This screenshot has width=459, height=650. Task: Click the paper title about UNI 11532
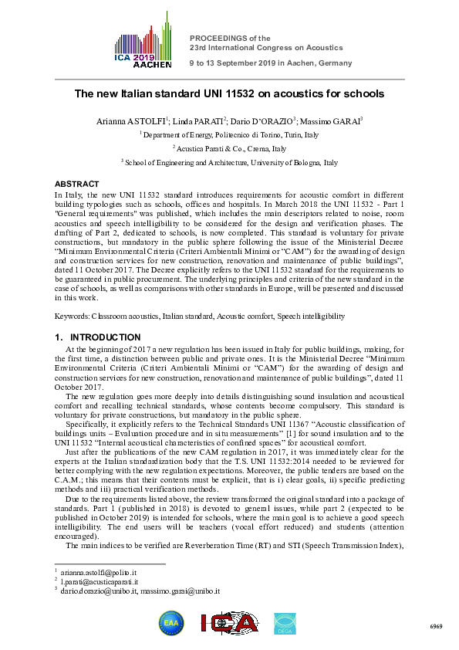[229, 94]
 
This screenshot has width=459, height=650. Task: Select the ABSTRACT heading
[76, 184]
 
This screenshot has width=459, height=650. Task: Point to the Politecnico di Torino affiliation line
[229, 134]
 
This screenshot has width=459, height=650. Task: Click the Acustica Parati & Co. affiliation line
[229, 148]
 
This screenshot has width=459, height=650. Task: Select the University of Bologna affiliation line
[229, 163]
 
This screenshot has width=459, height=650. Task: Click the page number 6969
[436, 628]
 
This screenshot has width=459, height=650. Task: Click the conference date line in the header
[271, 63]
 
